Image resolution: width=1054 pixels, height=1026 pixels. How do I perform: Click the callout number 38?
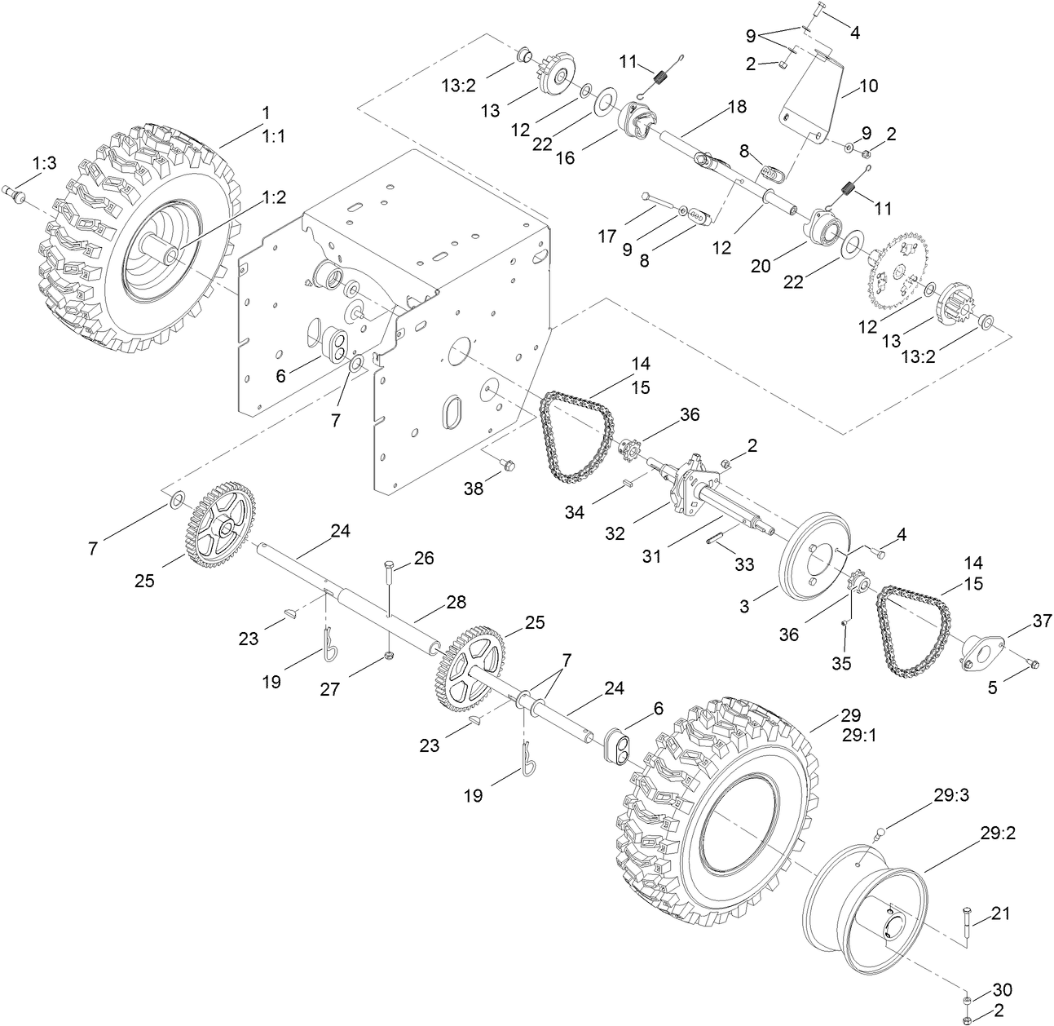(474, 489)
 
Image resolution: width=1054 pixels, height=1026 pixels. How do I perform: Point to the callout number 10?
(869, 86)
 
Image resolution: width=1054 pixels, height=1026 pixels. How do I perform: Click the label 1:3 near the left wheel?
(45, 163)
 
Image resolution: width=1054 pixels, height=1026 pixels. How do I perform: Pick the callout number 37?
(1019, 622)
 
